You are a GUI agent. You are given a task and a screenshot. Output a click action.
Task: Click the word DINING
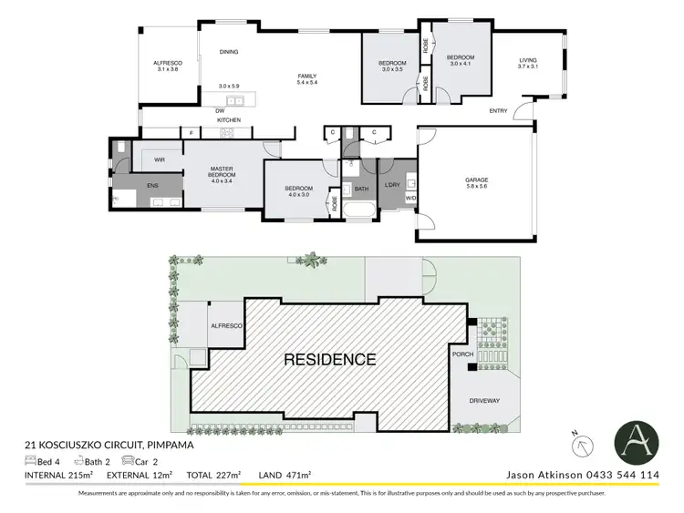pyautogui.click(x=228, y=52)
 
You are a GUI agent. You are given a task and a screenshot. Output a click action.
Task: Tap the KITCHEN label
pyautogui.click(x=228, y=120)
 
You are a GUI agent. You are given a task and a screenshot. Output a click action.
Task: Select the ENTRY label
pyautogui.click(x=498, y=111)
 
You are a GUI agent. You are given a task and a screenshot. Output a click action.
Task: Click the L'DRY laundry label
pyautogui.click(x=392, y=185)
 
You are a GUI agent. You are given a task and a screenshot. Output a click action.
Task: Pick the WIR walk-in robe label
pyautogui.click(x=160, y=159)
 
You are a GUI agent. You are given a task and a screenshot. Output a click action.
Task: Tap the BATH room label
pyautogui.click(x=361, y=189)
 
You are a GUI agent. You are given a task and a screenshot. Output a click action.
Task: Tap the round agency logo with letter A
pyautogui.click(x=636, y=440)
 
